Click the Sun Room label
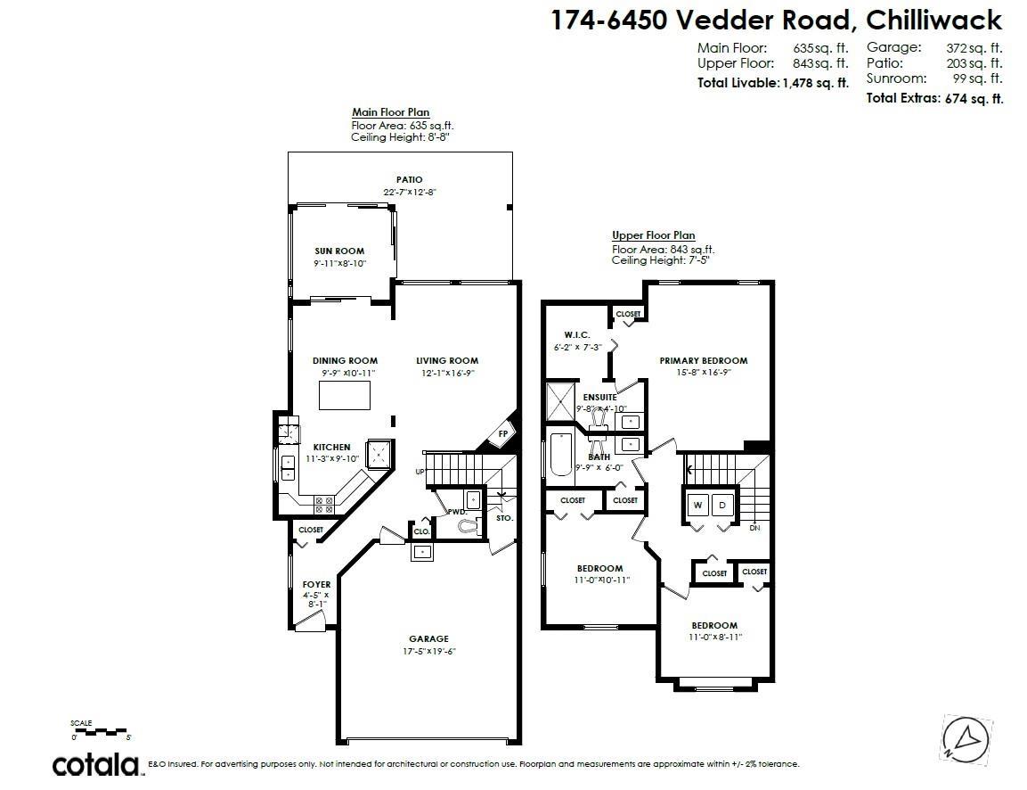tap(338, 251)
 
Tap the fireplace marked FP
tap(502, 434)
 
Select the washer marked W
tap(697, 506)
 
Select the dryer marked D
tap(723, 506)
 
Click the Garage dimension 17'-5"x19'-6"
tap(428, 651)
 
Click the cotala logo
tap(95, 764)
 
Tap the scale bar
tap(100, 732)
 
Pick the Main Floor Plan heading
tap(390, 112)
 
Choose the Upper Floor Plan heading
tap(653, 235)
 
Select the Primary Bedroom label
tap(703, 361)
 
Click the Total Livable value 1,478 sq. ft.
tap(815, 83)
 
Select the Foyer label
tap(315, 585)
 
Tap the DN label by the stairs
tap(754, 528)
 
